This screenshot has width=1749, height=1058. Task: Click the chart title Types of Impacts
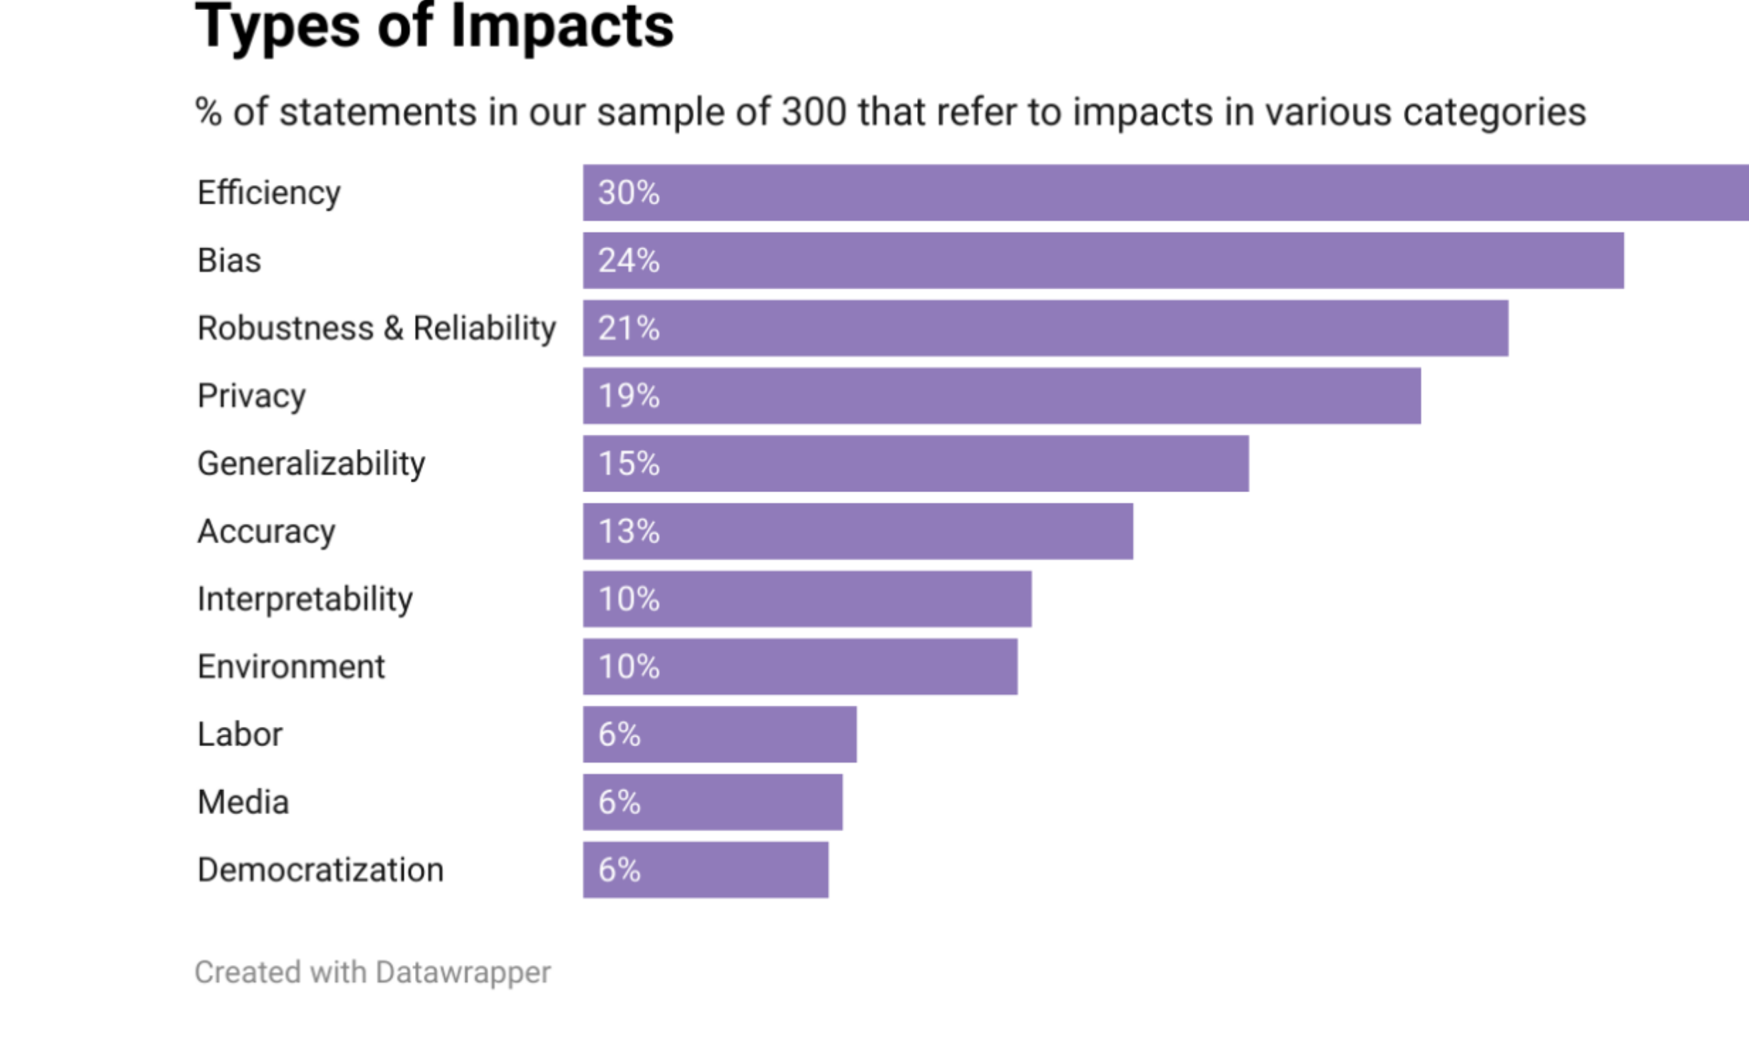click(434, 27)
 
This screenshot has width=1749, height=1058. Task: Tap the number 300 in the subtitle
click(813, 112)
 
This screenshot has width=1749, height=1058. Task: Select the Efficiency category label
click(269, 193)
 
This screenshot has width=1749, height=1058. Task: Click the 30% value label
click(629, 193)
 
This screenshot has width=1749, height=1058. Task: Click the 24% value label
click(629, 261)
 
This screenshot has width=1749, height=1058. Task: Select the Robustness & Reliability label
click(376, 329)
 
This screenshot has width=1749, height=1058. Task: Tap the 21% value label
click(629, 329)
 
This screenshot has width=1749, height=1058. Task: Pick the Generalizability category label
click(311, 464)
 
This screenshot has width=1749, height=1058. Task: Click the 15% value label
click(629, 463)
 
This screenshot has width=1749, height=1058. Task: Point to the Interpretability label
click(305, 600)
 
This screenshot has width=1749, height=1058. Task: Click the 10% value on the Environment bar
click(629, 667)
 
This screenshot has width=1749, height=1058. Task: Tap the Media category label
click(243, 803)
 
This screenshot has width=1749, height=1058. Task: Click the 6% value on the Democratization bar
click(619, 870)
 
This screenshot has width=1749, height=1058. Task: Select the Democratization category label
click(320, 870)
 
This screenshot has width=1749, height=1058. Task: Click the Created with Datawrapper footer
click(372, 972)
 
